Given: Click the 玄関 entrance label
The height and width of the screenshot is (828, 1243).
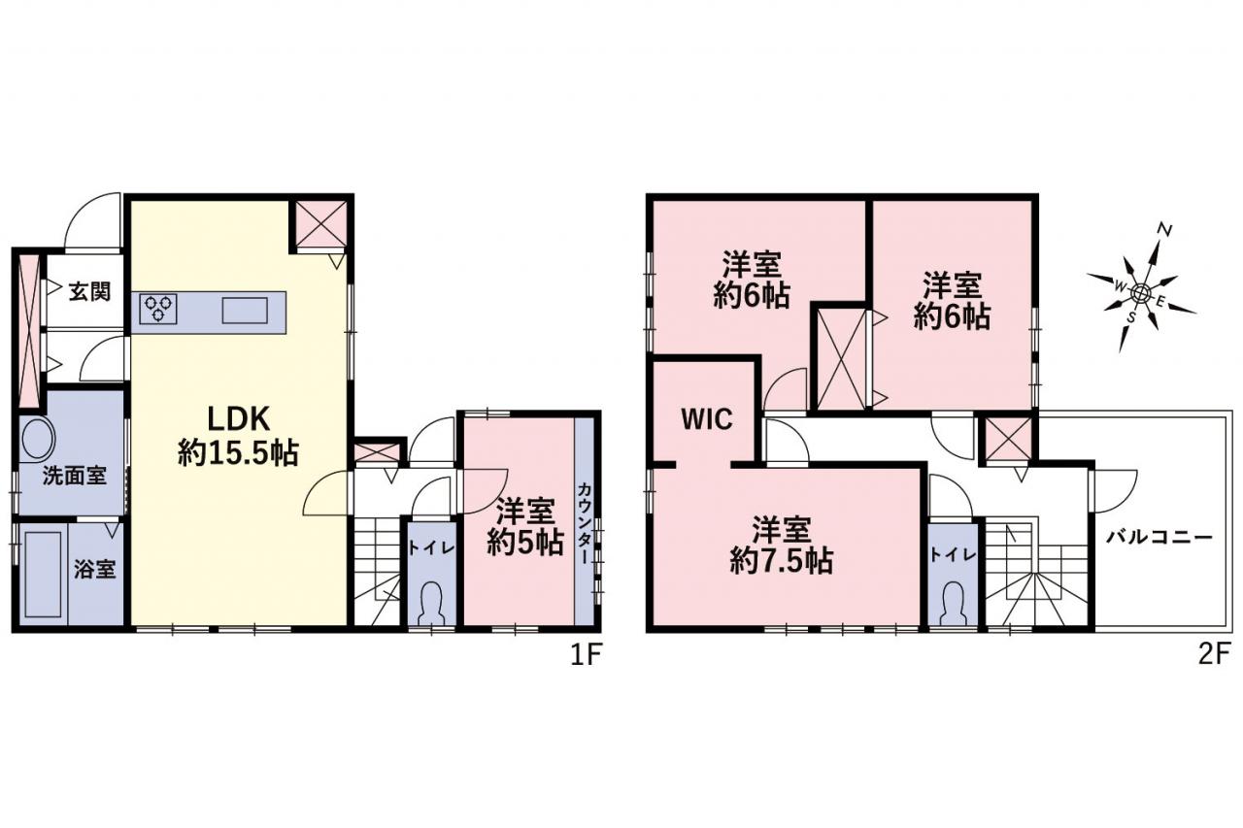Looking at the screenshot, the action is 89,291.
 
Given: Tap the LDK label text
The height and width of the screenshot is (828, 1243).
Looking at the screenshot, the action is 239,418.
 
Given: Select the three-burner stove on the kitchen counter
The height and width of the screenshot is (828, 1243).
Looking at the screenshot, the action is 158,309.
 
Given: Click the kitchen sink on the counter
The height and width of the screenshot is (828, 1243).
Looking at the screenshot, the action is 245,311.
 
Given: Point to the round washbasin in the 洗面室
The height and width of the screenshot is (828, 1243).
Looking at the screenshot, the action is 37,437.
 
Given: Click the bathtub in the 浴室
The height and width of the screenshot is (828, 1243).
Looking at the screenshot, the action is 44,575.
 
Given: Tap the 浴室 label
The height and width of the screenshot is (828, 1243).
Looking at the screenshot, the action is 95,569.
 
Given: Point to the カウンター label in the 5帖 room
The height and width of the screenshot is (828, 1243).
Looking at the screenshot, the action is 584,523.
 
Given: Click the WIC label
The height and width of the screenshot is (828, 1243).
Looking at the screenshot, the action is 707,419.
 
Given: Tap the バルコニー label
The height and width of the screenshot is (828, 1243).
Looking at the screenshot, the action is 1159,538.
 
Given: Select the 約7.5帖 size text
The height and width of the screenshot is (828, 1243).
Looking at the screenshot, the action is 782,561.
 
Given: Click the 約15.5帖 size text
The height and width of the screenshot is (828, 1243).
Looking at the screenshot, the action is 239,453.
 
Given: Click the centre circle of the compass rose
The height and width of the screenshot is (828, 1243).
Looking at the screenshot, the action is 1141,293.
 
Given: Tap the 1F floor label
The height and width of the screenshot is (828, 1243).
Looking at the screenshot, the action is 587,656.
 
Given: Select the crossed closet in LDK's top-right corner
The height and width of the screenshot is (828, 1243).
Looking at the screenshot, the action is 321,224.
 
